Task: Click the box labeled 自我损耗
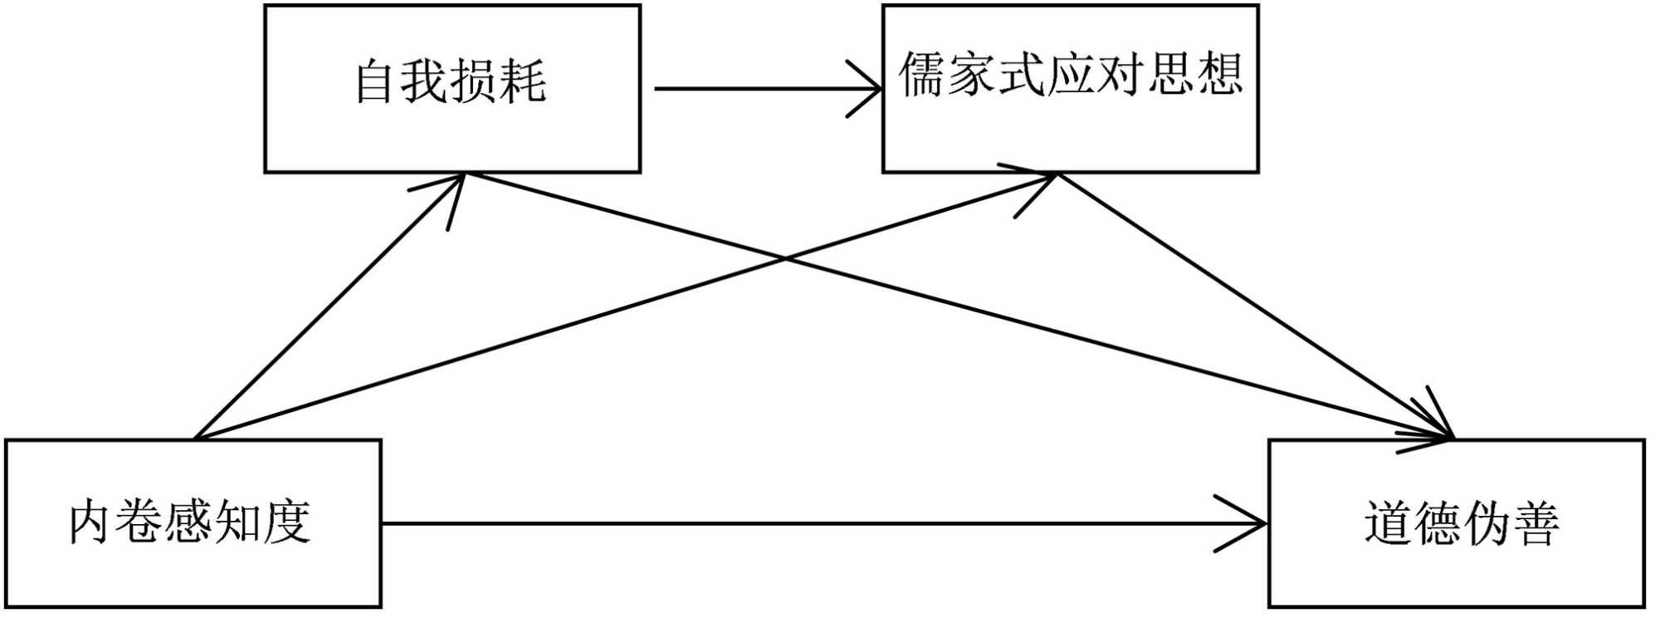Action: [452, 89]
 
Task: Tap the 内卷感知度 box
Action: [193, 523]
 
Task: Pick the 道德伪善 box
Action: [1457, 523]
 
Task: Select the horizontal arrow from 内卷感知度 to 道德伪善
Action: [822, 523]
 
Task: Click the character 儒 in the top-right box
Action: [922, 75]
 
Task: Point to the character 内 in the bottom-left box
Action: [90, 522]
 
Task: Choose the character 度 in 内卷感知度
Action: [286, 522]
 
